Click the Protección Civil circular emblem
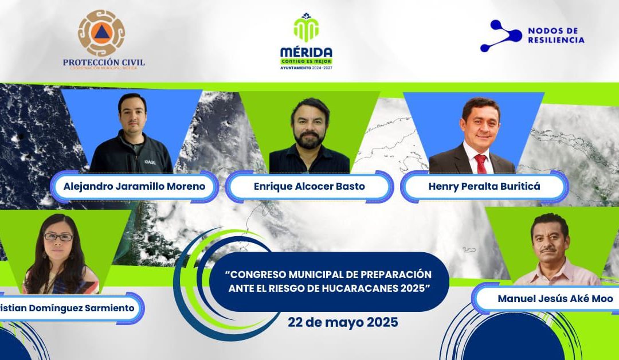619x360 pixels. [x=101, y=33]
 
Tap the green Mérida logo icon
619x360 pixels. [x=306, y=29]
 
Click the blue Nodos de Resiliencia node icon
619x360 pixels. [x=500, y=35]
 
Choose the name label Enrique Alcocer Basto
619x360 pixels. [x=309, y=186]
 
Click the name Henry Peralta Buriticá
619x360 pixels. [x=484, y=186]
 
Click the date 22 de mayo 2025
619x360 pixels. [x=342, y=322]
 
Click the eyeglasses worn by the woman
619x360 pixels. [x=58, y=237]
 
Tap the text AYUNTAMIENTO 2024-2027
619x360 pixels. [x=306, y=68]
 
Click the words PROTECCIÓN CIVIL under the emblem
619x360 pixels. [x=104, y=62]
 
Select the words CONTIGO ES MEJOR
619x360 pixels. [x=306, y=61]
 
